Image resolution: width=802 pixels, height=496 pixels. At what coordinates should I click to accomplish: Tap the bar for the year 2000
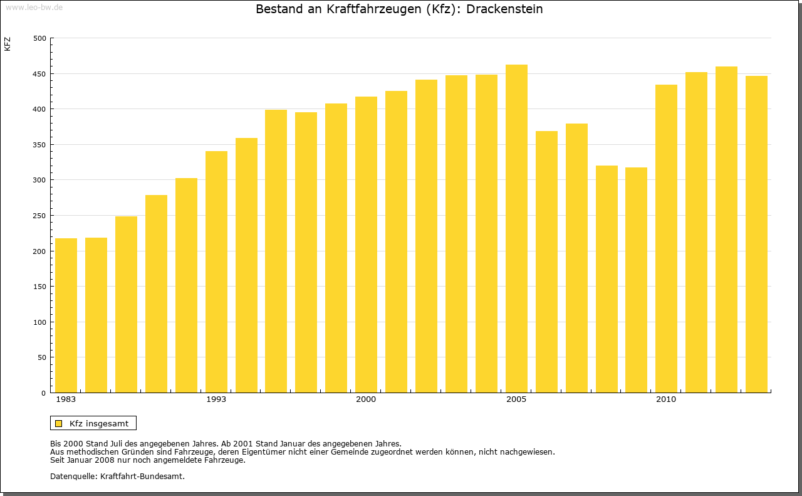click(x=366, y=245)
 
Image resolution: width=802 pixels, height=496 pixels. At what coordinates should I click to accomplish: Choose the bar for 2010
click(x=666, y=238)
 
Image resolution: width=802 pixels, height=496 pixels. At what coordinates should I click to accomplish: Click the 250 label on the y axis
click(x=40, y=216)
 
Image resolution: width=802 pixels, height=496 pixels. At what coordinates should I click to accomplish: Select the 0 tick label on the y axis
click(x=44, y=393)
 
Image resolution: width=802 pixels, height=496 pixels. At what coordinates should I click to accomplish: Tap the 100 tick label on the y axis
click(x=40, y=322)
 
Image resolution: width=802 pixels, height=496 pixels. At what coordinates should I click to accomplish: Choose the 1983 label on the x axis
click(x=66, y=399)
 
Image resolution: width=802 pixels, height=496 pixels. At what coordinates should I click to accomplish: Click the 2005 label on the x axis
click(x=516, y=399)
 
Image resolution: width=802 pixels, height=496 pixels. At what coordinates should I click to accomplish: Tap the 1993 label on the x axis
click(x=216, y=399)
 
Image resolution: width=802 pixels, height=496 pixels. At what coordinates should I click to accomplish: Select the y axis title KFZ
click(x=8, y=45)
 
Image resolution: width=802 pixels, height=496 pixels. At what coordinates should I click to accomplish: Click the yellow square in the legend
click(x=59, y=424)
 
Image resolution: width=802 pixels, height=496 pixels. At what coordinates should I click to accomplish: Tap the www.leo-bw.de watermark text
click(x=34, y=7)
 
